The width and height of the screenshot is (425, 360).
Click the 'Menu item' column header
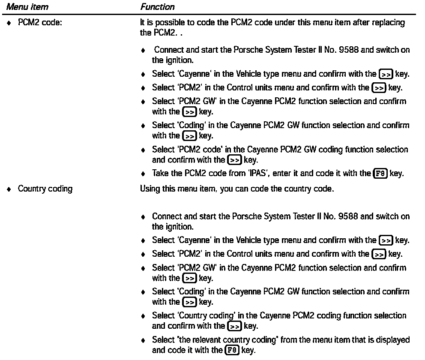coord(30,7)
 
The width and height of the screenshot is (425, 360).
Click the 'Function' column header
coord(157,7)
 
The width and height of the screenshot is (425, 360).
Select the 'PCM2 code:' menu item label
coord(40,23)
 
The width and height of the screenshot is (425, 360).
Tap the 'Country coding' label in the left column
coord(45,189)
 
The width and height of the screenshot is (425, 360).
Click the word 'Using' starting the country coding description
coord(150,189)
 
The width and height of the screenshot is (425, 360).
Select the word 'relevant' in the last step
coord(199,340)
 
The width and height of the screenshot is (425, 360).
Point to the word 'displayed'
coord(393,340)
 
